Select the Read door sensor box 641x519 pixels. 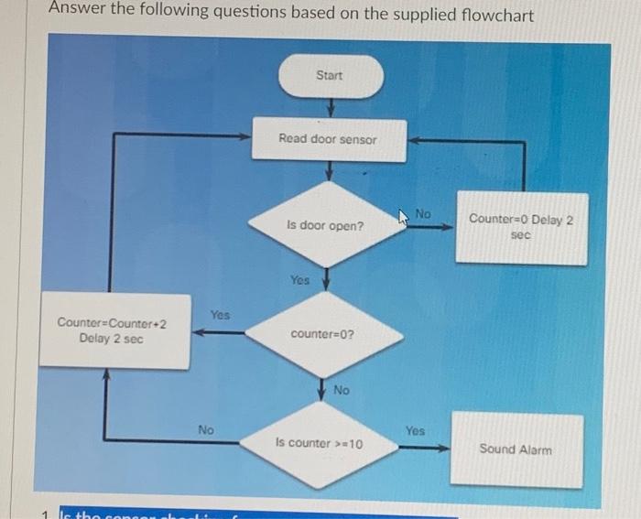pos(328,139)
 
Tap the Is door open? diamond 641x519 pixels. pos(324,225)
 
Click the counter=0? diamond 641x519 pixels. pos(323,334)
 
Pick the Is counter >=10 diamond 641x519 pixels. pos(320,444)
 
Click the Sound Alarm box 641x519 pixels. pos(516,449)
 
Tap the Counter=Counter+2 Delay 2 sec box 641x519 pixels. pos(112,330)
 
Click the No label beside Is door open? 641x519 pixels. pos(422,214)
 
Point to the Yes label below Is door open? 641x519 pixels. pos(299,280)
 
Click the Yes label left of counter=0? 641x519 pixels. pos(220,315)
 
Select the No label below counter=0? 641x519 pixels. pos(342,390)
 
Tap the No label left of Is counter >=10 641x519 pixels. pos(207,428)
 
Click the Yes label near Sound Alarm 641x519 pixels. pos(416,428)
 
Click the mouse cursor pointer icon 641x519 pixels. pos(404,217)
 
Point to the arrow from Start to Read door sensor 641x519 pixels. pos(328,107)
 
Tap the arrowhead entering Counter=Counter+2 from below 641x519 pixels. pos(107,375)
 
